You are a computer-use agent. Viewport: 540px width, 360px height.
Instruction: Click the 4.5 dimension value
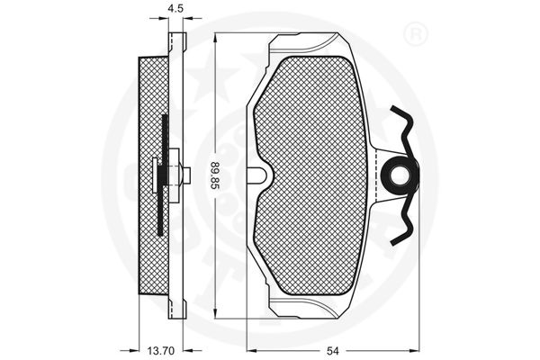point(175,9)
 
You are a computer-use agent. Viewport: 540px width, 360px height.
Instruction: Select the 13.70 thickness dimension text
point(161,351)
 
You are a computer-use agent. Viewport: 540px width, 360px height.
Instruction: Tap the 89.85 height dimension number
point(214,175)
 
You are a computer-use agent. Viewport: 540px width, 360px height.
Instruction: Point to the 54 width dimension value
point(333,351)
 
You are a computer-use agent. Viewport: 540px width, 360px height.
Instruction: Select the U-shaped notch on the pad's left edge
point(259,175)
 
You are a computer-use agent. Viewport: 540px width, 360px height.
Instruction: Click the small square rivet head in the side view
point(186,175)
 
